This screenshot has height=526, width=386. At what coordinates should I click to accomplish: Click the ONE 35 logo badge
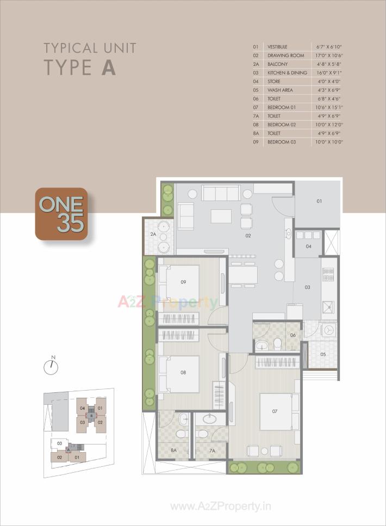[x=61, y=214]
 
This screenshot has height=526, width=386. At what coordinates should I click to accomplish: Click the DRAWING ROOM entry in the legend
[x=285, y=56]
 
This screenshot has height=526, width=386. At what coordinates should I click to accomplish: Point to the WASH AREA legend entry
[x=280, y=90]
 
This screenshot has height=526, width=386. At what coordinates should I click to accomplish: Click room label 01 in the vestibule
[x=319, y=202]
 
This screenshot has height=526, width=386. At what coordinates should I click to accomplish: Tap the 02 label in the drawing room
[x=248, y=236]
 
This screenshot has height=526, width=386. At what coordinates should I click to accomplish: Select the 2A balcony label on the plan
[x=154, y=234]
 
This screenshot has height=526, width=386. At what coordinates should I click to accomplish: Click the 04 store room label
[x=308, y=247]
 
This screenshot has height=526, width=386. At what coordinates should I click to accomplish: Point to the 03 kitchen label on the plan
[x=307, y=287]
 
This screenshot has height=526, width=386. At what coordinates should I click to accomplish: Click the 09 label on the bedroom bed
[x=183, y=282]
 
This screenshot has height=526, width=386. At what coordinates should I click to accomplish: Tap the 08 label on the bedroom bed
[x=183, y=373]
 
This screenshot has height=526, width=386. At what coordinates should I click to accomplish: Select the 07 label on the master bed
[x=275, y=411]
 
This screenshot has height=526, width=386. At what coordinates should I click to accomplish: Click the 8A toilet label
[x=173, y=450]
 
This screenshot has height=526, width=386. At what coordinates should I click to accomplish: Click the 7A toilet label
[x=213, y=450]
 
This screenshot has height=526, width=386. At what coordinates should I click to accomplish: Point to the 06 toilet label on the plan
[x=292, y=335]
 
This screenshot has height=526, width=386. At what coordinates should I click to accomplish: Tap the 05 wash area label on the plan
[x=323, y=354]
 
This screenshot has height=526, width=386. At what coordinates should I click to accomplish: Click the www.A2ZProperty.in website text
[x=221, y=506]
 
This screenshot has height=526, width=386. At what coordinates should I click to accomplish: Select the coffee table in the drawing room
[x=221, y=216]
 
